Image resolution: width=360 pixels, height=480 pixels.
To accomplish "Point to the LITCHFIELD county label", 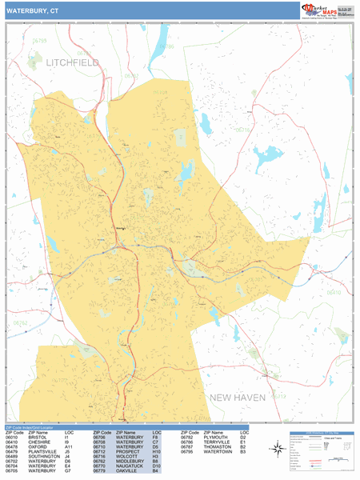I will pos(72,62).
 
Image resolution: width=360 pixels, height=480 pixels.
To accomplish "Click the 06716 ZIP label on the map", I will pos(243,130).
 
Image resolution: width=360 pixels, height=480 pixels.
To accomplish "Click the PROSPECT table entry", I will pos(126,452).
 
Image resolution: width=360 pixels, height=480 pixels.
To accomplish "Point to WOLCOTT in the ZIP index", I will pos(125,457).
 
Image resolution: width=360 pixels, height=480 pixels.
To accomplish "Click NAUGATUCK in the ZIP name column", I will pos(128,466).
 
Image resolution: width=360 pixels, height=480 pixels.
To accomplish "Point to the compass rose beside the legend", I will pos(278,450).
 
